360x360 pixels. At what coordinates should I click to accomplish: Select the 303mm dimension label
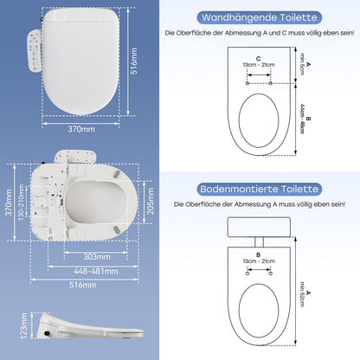pyautogui.click(x=97, y=256)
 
